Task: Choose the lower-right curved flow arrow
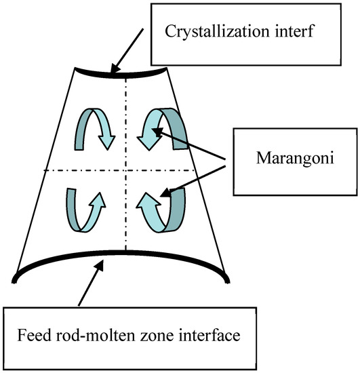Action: click(x=163, y=210)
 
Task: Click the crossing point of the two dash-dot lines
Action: click(x=125, y=170)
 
